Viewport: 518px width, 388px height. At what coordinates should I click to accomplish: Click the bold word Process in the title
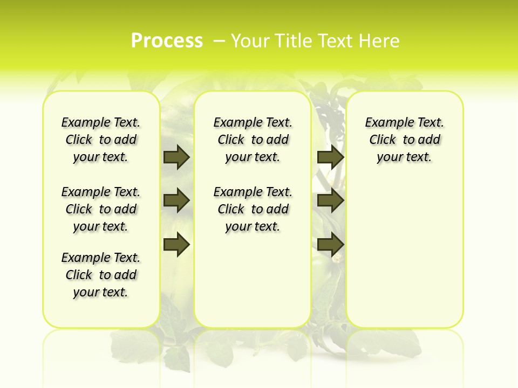point(167,41)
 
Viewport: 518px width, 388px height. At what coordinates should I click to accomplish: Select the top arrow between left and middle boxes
point(176,157)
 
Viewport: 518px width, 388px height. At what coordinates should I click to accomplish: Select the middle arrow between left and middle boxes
point(176,200)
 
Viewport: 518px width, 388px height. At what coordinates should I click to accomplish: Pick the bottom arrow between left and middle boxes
point(176,244)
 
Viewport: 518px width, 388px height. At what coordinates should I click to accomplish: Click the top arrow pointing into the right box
point(330,157)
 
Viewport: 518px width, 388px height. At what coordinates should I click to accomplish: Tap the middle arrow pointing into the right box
point(330,200)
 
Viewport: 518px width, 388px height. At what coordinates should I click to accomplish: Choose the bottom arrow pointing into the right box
point(330,244)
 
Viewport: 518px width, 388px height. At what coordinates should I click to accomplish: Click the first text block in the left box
point(101,140)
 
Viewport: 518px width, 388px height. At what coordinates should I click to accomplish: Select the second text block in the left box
point(101,209)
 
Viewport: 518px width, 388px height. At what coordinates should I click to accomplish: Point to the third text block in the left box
point(101,275)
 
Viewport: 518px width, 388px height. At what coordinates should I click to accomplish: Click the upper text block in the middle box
point(253,140)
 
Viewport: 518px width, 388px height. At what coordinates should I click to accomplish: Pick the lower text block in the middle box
point(253,209)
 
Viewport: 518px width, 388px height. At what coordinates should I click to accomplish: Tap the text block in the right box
point(404,140)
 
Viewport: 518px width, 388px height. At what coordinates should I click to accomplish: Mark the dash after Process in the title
point(219,41)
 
